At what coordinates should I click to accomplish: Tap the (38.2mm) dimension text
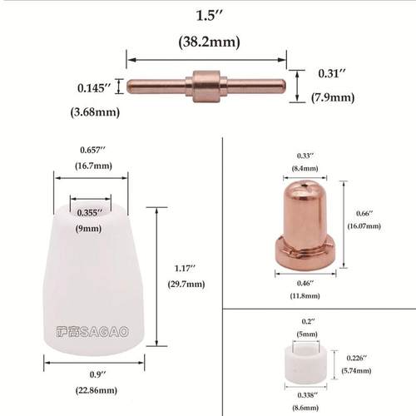(207, 41)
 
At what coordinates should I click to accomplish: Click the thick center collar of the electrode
(203, 83)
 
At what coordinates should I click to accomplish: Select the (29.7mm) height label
(187, 284)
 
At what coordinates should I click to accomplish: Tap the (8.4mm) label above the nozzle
(306, 168)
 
